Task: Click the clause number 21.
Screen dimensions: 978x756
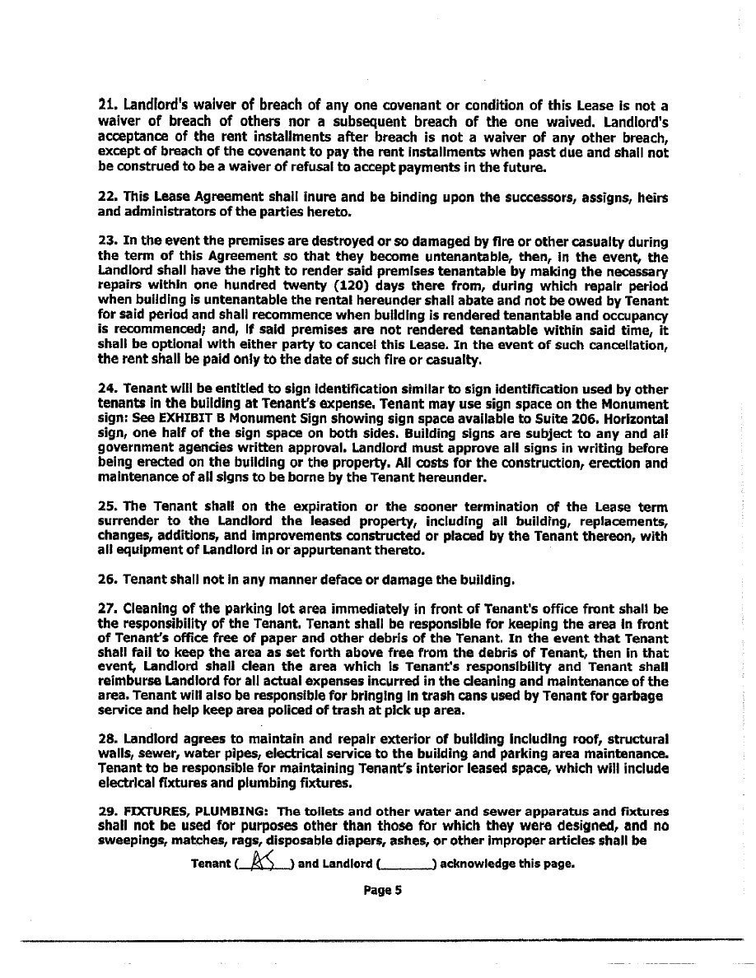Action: tap(106, 105)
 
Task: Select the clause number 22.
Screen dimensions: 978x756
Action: tap(107, 199)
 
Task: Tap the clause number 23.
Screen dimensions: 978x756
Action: tap(107, 243)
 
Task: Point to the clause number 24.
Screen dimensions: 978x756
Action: tap(107, 389)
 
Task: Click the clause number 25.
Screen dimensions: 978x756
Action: tap(107, 507)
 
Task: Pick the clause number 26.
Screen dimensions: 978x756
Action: tap(107, 580)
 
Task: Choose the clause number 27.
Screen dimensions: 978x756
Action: tap(107, 609)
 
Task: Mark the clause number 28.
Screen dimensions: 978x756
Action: tap(107, 738)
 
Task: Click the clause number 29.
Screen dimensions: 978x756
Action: tap(107, 811)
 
